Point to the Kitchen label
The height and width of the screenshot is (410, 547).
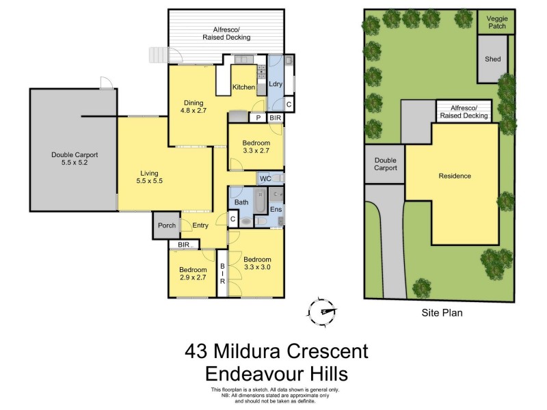[244, 87]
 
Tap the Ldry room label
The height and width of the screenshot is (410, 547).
[277, 84]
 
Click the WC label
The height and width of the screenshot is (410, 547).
[264, 179]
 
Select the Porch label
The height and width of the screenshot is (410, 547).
[166, 225]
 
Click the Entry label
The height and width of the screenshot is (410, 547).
[200, 225]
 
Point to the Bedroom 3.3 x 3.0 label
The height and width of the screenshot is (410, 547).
[257, 263]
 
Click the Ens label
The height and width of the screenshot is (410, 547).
[276, 210]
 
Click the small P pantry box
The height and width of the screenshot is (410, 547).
[258, 118]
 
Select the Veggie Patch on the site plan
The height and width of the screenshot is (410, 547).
[496, 23]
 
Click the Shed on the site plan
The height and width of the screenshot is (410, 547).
[493, 59]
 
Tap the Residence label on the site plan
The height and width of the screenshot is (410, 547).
[455, 176]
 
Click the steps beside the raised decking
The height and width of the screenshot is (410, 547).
[158, 55]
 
